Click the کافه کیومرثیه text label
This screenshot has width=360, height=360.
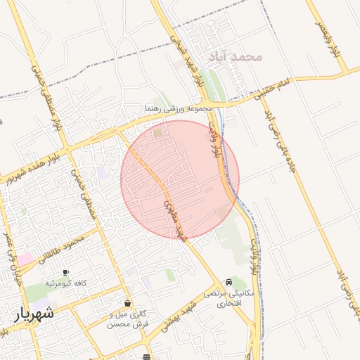click(66, 283)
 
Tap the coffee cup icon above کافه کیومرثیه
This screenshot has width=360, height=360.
click(66, 272)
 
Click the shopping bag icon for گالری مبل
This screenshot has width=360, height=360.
click(127, 303)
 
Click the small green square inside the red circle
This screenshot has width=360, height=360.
click(157, 131)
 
